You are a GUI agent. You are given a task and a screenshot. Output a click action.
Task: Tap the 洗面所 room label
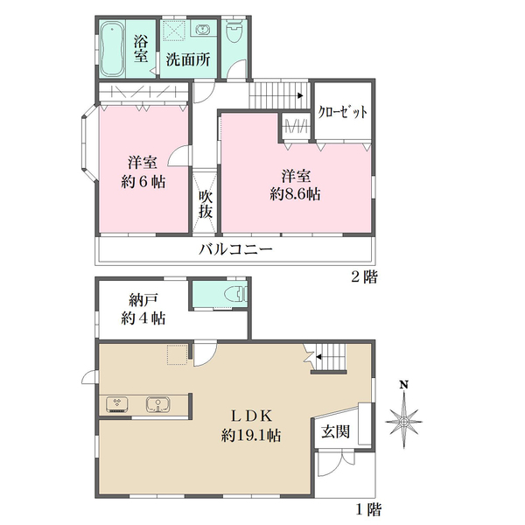pos(188,59)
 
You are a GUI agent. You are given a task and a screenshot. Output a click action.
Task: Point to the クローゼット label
pos(342,111)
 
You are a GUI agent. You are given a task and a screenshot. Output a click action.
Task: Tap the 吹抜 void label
pos(206,205)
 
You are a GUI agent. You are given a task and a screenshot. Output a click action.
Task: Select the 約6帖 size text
pos(143,182)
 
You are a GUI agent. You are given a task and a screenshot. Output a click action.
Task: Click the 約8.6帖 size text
pos(296,194)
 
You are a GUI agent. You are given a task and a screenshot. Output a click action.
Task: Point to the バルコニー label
pos(235,249)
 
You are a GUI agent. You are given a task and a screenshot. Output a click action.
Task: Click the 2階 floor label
pos(364,277)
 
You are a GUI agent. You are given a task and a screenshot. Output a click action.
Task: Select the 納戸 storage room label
pos(143,300)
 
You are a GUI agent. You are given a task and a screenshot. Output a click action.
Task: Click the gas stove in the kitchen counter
pos(117,405)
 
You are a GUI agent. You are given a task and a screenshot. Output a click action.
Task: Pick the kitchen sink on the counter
pos(158,404)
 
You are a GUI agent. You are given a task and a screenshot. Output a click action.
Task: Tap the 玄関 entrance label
pos(335,432)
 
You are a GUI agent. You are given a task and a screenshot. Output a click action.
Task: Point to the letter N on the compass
pos(404,385)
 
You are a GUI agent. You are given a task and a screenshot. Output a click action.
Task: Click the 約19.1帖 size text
pos(251,436)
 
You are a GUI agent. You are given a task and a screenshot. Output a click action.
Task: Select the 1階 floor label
pos(368,510)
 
